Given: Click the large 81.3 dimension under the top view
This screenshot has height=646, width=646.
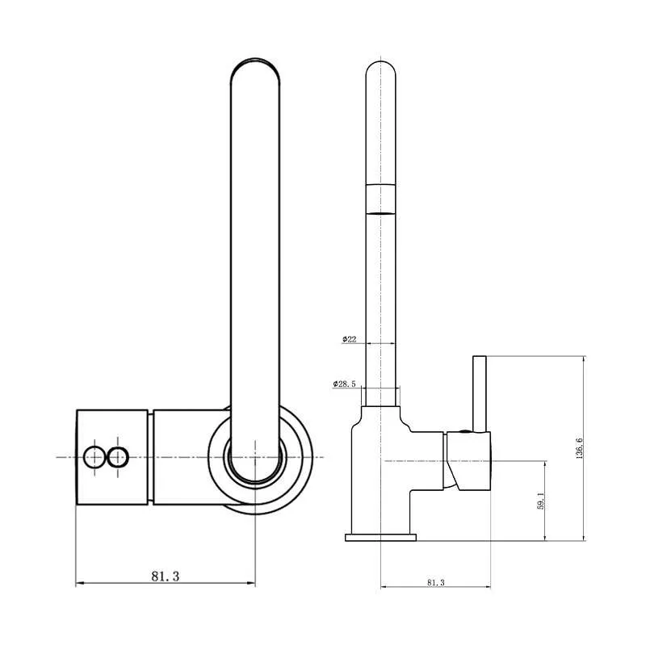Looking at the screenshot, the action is point(166,576).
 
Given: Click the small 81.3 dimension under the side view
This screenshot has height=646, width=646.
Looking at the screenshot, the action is point(436,582).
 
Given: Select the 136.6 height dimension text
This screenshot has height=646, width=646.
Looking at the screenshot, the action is point(580,448).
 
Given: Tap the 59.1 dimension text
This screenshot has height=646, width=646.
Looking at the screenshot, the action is point(541,501).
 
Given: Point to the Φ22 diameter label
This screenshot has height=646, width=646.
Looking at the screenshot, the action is point(349,339).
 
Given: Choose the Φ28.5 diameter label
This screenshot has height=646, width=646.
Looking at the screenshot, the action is point(345,384).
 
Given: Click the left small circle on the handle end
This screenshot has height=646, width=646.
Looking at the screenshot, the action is point(94,457).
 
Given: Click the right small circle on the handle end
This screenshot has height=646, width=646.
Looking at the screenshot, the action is point(118,457).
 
